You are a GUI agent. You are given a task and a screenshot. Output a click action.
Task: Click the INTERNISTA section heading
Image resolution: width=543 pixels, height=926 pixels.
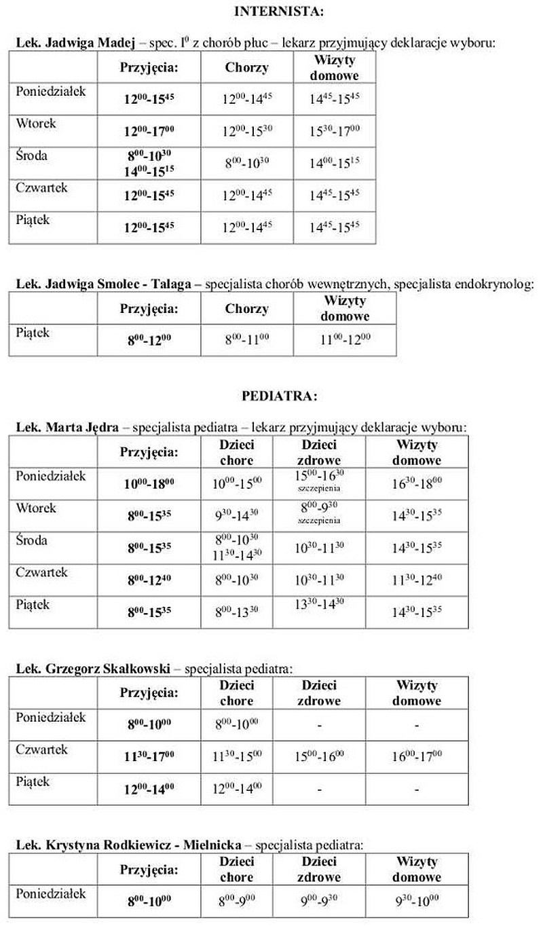coord(278,11)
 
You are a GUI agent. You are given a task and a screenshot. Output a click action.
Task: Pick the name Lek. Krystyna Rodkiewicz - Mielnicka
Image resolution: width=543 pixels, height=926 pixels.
coord(128,845)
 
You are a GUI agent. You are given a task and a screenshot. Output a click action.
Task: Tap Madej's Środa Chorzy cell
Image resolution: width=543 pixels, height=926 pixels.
coord(247,164)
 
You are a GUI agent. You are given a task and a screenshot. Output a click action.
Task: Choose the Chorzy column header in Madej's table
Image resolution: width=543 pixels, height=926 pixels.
coord(247,67)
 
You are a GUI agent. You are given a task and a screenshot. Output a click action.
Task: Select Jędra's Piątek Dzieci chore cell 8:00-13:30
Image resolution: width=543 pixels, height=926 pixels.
coord(236,612)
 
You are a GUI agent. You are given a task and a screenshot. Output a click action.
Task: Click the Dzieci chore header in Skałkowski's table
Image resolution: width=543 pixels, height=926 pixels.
coord(236,693)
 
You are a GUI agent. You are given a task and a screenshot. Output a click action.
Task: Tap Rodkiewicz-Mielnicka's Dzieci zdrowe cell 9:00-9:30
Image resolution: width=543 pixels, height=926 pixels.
coord(319,901)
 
